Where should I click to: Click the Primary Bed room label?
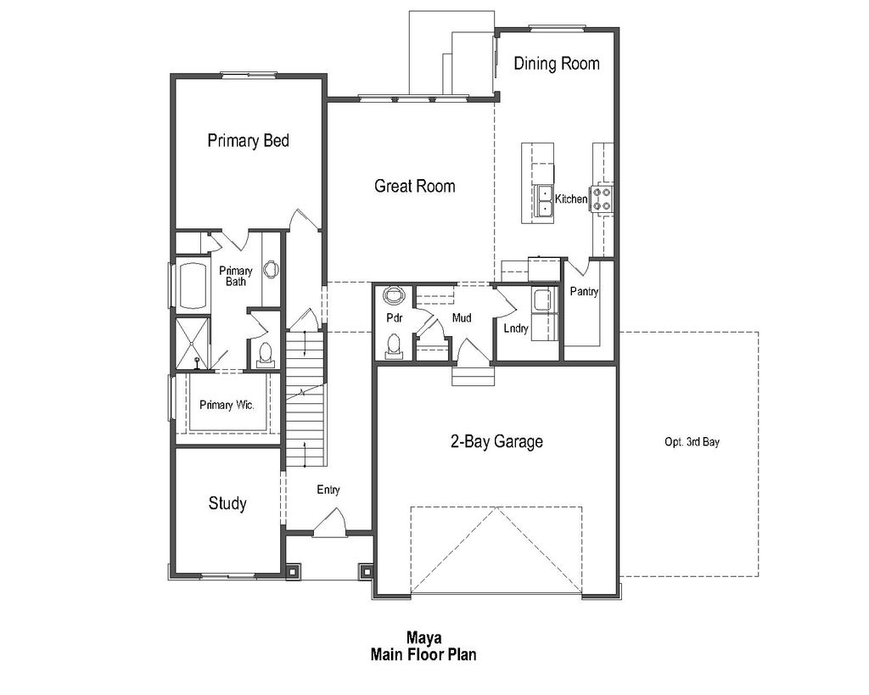click(248, 141)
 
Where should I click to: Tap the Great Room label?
click(414, 186)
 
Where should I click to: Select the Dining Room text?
click(556, 64)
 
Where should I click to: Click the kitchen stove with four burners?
click(602, 199)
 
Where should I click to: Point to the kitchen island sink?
click(543, 200)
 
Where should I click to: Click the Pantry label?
click(584, 292)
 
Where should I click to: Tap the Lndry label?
click(515, 328)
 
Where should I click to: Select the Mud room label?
click(462, 318)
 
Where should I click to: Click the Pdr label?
click(394, 318)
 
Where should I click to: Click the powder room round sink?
click(394, 296)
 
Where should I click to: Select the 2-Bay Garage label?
click(496, 442)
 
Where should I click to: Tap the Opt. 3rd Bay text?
click(692, 442)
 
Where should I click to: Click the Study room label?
click(227, 504)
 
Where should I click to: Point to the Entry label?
click(328, 490)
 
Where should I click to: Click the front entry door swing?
click(328, 523)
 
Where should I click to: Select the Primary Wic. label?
click(227, 405)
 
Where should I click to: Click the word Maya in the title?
click(422, 637)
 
